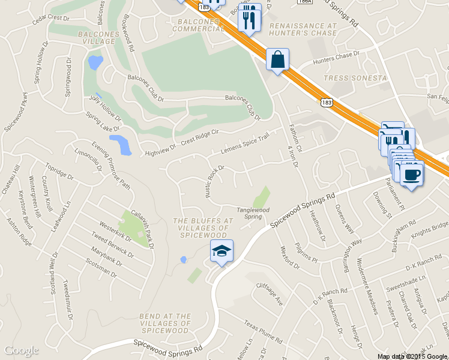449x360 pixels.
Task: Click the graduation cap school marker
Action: (221, 252)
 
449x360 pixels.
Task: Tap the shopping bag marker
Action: (277, 60)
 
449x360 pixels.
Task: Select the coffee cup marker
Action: (411, 175)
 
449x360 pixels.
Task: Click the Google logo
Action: (21, 350)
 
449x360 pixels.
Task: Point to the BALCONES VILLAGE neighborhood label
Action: (96, 38)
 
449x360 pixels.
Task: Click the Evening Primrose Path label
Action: (111, 165)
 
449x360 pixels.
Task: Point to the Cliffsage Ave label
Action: (270, 295)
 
